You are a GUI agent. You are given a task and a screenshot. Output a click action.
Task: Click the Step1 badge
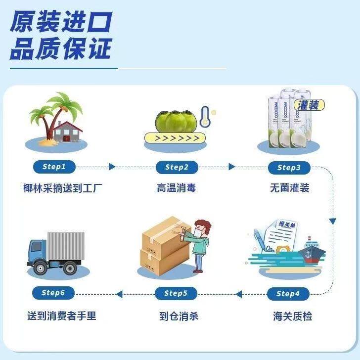coord(54,167)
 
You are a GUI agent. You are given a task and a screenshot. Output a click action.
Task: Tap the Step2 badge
coord(177,167)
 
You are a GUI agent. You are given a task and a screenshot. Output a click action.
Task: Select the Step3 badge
coord(289,167)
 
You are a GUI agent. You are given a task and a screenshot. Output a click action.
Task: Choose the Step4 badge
coord(288,294)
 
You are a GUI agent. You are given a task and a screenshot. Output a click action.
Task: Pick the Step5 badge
coord(176,294)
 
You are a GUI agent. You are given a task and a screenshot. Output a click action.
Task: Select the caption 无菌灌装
coord(290,188)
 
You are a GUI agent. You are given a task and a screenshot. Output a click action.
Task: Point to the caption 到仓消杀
coord(179,315)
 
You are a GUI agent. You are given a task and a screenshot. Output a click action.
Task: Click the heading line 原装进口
coord(61,22)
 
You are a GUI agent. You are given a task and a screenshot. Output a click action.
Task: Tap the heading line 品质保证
coord(61,48)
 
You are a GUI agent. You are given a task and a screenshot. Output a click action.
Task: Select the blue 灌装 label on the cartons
coord(310,105)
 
